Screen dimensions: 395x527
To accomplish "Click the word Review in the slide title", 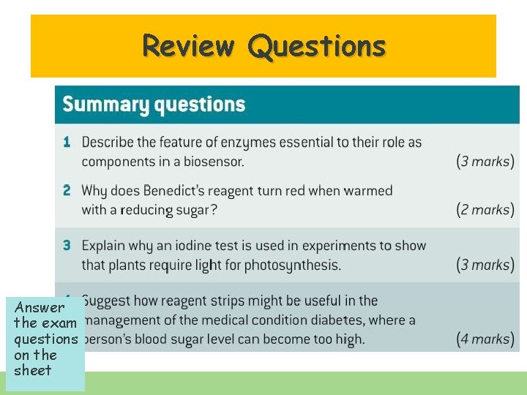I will point(188,46).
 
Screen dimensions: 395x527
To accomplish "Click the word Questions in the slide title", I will point(316,46).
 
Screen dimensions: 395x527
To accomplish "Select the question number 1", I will point(66,142).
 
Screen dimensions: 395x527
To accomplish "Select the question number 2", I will point(67,191).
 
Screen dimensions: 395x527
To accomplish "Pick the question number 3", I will point(67,246).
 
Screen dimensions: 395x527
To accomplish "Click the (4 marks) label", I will point(485,339).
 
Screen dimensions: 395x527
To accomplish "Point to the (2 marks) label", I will point(485,210).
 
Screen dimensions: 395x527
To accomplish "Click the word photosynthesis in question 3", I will point(294,265).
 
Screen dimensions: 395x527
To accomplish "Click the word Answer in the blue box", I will point(40,308).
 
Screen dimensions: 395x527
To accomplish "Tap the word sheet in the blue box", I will point(33,370).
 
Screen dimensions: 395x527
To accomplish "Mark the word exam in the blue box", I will point(60,323).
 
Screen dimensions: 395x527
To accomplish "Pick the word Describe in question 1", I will point(109,142).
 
